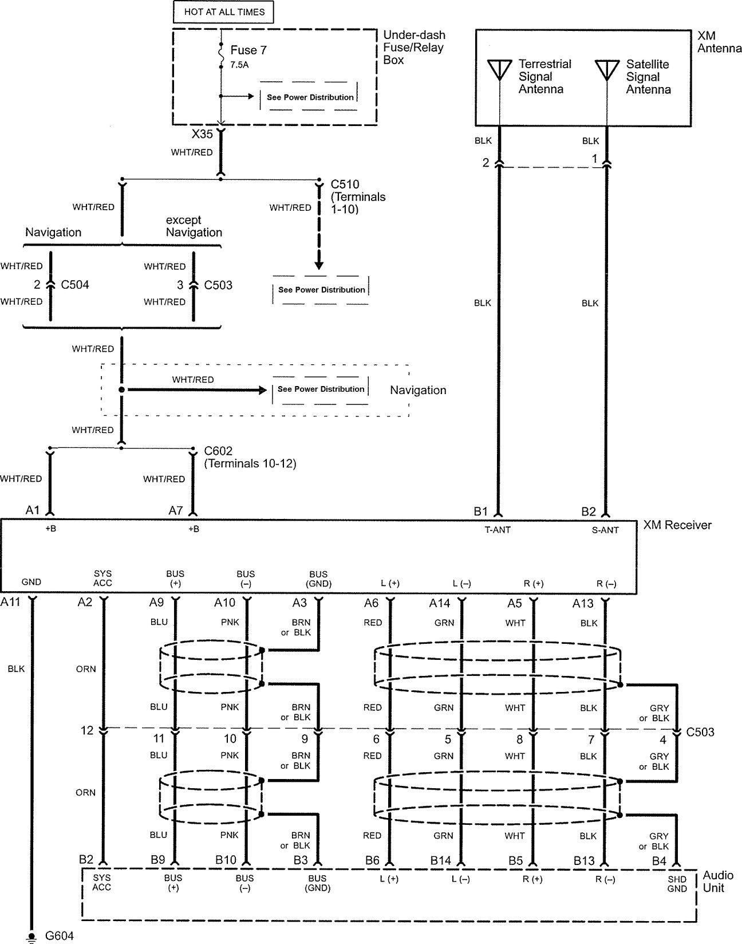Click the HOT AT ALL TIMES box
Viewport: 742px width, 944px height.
[x=224, y=11]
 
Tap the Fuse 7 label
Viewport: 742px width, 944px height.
[x=248, y=50]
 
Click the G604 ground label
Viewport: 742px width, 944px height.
[x=59, y=936]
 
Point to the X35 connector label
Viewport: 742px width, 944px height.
[x=202, y=135]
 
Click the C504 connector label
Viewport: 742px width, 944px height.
[x=75, y=285]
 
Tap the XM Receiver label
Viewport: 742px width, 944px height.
[x=677, y=525]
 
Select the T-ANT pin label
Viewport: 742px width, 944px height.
[x=498, y=530]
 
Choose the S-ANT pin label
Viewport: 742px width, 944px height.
[x=605, y=530]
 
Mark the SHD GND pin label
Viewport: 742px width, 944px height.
[x=677, y=884]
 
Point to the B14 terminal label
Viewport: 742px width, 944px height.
[x=441, y=860]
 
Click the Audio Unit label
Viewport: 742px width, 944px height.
[x=718, y=882]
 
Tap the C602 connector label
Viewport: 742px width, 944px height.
[x=218, y=451]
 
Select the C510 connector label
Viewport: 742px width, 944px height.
[x=345, y=184]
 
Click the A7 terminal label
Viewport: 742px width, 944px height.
[x=176, y=510]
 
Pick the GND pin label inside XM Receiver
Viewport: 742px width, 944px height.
[x=31, y=582]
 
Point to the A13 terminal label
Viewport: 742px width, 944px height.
[x=584, y=603]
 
